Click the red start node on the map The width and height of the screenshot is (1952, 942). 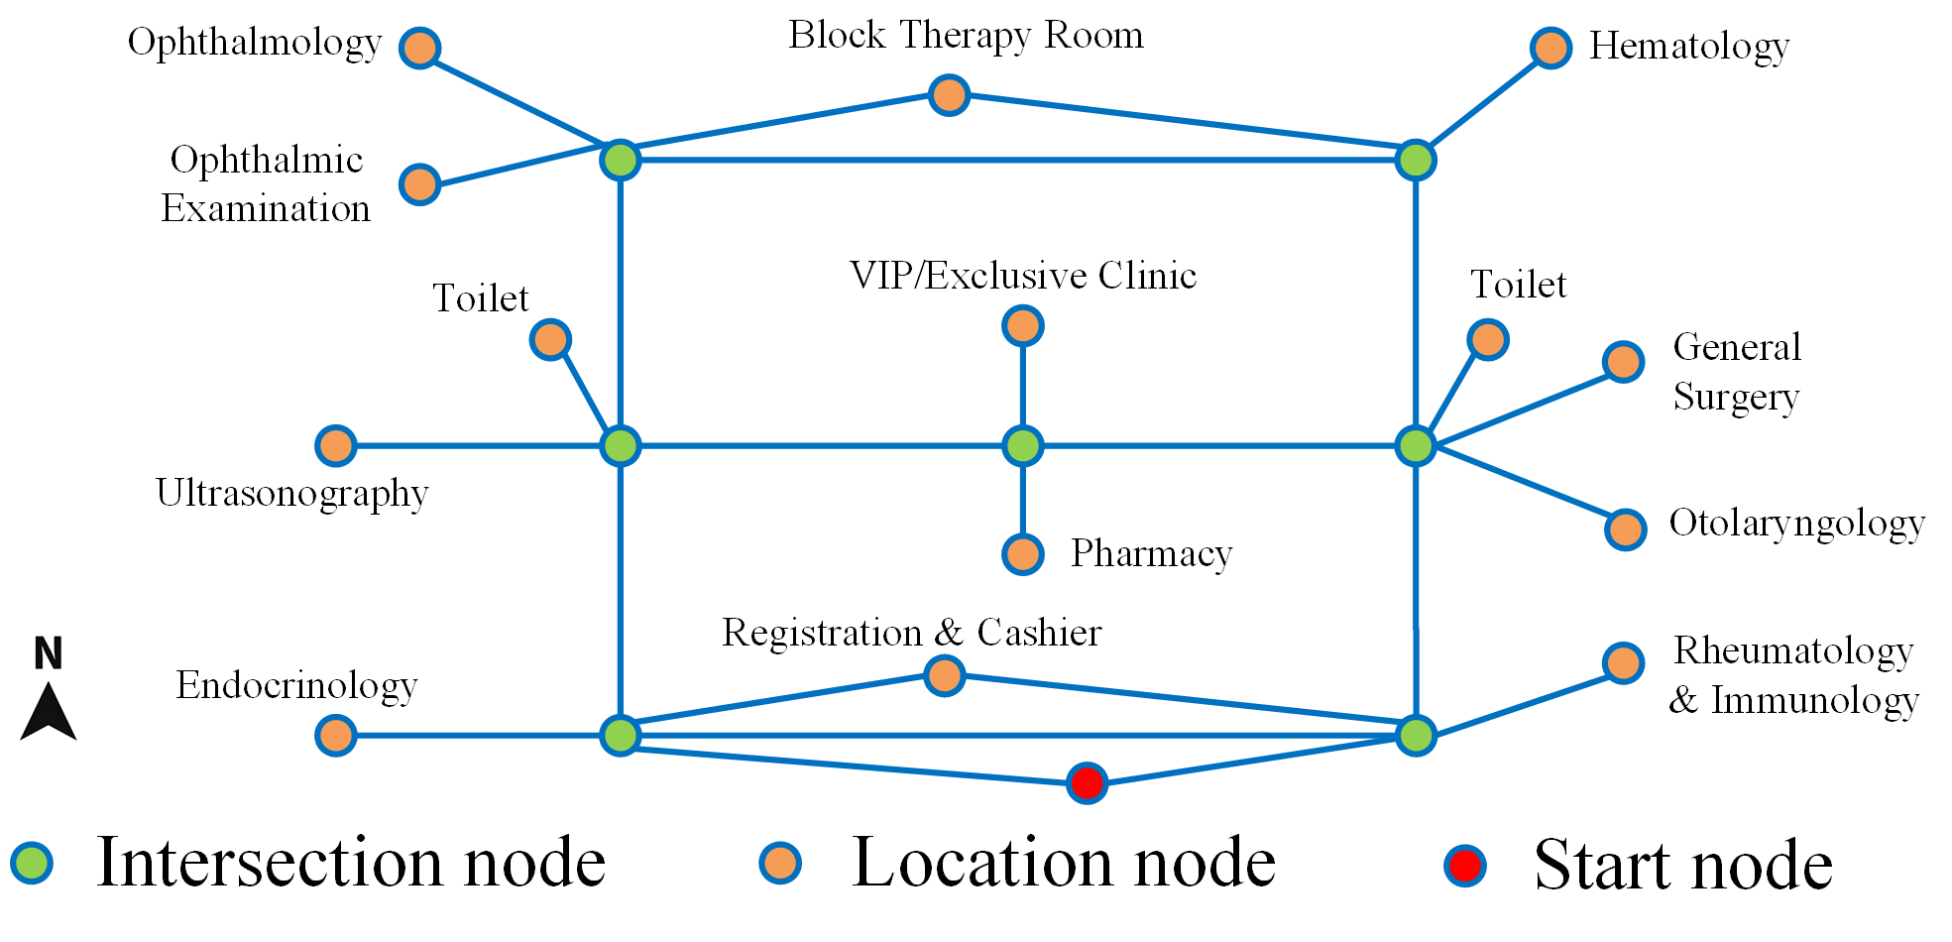coord(1087,783)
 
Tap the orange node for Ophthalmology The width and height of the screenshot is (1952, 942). coord(420,48)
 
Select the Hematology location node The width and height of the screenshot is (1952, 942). coord(1550,48)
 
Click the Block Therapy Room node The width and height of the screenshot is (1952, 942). coord(949,95)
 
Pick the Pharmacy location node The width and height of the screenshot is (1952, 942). coord(1022,554)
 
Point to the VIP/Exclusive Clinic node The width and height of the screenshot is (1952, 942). coord(1022,325)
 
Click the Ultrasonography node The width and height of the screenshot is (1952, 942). coord(336,446)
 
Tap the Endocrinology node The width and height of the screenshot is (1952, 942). coord(336,736)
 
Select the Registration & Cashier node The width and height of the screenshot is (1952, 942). coord(944,675)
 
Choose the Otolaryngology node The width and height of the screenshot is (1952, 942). coord(1625,530)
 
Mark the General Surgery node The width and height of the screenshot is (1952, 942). coord(1623,362)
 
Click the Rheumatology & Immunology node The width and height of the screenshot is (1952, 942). coord(1623,663)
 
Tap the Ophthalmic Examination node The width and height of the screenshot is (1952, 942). coord(420,184)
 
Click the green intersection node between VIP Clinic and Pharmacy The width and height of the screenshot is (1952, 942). coord(1022,446)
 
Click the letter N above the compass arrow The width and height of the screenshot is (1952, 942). coord(49,654)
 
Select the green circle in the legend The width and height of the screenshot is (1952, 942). coord(32,863)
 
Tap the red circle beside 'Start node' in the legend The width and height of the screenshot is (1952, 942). coord(1465,866)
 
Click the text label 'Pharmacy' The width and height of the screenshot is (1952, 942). coord(1151,553)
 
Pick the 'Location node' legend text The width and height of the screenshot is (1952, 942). coord(1064,863)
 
